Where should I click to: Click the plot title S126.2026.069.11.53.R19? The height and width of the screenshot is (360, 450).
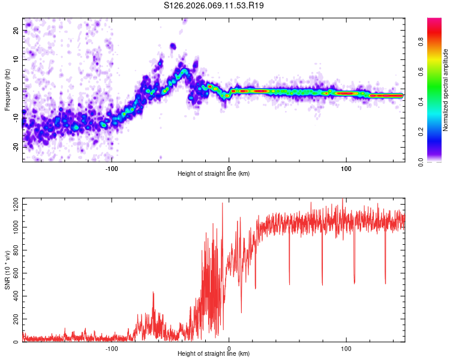(214, 5)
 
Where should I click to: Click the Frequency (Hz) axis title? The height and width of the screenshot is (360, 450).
(7, 89)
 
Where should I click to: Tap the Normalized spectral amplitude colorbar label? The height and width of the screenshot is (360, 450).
(446, 90)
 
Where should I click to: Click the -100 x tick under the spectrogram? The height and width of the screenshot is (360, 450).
(112, 169)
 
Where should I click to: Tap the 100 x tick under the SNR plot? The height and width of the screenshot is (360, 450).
(346, 349)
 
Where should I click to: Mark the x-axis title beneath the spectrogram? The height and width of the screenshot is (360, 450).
(214, 174)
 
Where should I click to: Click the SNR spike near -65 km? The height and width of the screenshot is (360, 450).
(154, 293)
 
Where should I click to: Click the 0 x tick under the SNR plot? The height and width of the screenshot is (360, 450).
(229, 349)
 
